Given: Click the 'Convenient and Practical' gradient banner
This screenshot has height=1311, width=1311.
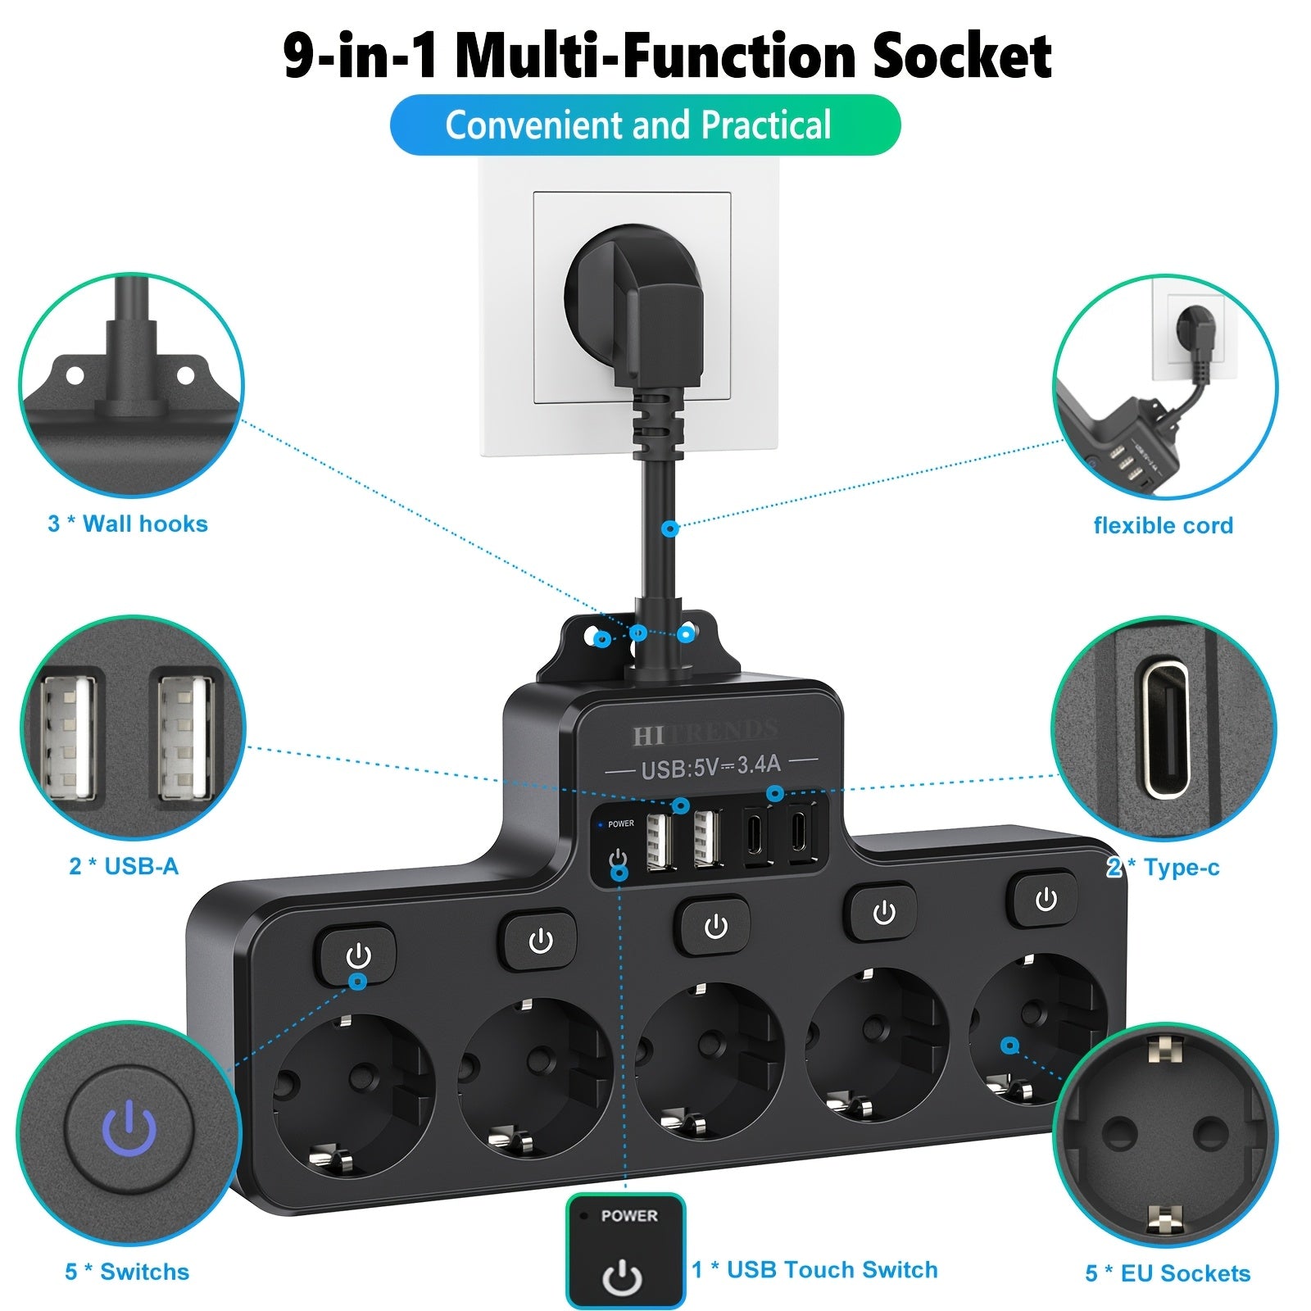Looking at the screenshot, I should coord(645,125).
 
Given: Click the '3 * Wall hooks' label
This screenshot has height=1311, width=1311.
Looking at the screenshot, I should coord(128,524).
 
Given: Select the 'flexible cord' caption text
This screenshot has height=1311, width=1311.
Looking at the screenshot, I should coord(1163,525).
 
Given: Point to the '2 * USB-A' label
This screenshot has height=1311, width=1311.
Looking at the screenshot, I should coord(124,866).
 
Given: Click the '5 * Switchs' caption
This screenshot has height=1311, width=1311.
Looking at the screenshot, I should coord(127,1272).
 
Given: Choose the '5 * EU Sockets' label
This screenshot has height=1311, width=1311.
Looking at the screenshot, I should coord(1168,1273).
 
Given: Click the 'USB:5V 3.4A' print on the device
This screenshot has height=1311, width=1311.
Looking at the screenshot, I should coord(710,767).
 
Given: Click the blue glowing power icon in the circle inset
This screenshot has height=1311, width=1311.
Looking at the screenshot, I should coord(129,1127).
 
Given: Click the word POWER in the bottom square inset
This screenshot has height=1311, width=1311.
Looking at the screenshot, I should coord(628,1216).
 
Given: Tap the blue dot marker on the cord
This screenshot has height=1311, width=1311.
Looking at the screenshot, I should coord(670,528).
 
